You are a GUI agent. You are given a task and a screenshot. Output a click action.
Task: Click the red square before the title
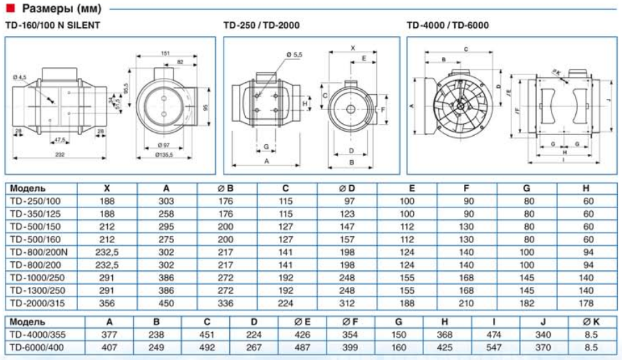pos(9,8)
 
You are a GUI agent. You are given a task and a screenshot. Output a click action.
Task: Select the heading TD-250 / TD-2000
pos(261,25)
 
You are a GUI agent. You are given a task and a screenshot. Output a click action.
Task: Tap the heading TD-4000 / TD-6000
pos(448,25)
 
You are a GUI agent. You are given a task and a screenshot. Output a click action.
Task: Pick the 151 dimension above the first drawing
pos(166,53)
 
